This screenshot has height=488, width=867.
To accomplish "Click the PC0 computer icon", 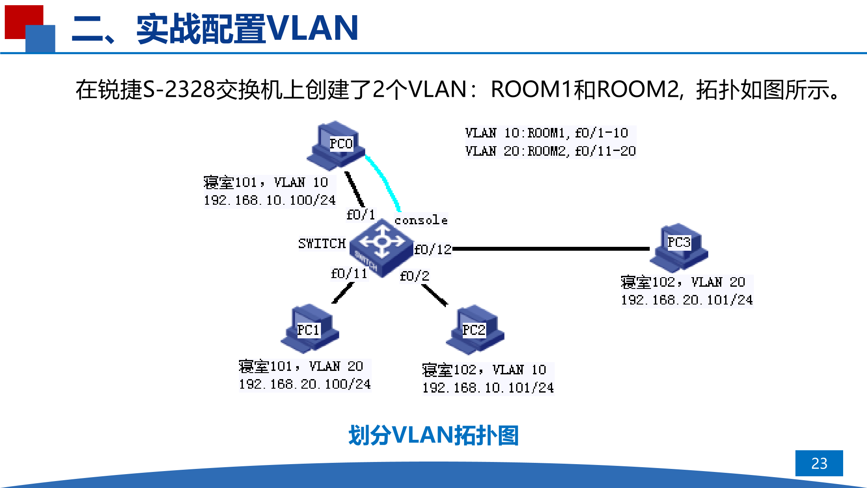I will point(335,145).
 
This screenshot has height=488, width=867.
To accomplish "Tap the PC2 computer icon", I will point(475,330).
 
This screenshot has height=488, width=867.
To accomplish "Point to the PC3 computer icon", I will point(679,246).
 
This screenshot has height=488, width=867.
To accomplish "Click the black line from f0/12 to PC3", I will point(551,249).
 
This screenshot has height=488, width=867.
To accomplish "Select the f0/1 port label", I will point(360,215).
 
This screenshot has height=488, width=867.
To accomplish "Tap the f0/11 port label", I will point(349,274).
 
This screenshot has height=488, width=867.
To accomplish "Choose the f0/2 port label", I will point(414,276).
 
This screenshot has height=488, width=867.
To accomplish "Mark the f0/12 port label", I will point(432,249).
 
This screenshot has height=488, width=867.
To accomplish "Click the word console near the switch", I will point(421,220).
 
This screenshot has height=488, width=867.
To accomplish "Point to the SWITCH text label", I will point(322,244).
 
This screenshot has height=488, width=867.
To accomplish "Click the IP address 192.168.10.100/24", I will point(270,200).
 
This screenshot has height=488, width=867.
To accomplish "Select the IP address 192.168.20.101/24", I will point(687,300).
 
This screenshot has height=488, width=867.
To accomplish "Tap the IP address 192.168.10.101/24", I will point(488,388).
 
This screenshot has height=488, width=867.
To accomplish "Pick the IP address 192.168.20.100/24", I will point(304,384).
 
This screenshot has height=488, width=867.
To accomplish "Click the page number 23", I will point(819,463).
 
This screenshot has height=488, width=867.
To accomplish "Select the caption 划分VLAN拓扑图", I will point(433,435).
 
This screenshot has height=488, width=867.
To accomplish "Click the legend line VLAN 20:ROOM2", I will point(550,151).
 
